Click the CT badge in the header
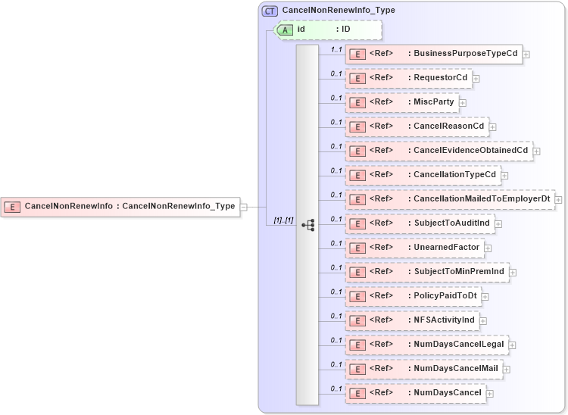(270, 11)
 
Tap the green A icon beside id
(284, 30)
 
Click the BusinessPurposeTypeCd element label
(465, 54)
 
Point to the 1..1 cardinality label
(336, 49)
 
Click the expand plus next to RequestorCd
(476, 78)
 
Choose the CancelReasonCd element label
(448, 126)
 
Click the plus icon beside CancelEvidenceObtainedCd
(536, 151)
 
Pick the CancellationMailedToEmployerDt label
(481, 199)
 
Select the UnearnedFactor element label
(446, 248)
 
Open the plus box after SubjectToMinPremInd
(513, 272)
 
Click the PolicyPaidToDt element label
(445, 296)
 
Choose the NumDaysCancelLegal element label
(459, 345)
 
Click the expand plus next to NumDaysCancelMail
(507, 369)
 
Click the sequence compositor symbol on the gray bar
(307, 225)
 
